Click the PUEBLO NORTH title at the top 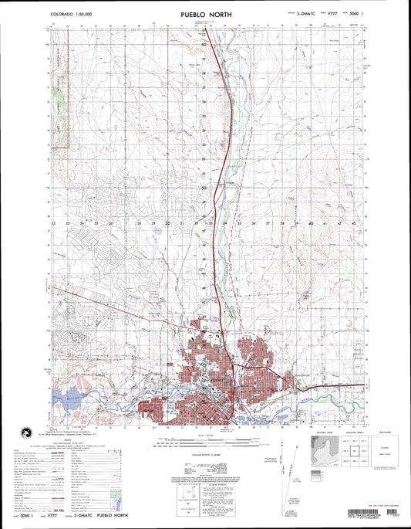205,13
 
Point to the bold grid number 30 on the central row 168,223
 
